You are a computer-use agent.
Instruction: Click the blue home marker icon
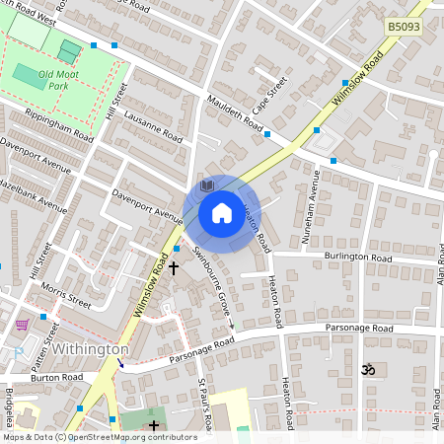pos(222,212)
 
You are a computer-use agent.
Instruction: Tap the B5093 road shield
pos(404,28)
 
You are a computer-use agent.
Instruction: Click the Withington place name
pos(91,349)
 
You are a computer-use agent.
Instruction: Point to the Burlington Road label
pos(357,257)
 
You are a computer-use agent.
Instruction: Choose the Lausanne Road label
pos(153,125)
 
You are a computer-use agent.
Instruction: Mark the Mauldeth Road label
pos(235,114)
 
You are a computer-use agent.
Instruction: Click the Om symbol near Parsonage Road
pos(369,369)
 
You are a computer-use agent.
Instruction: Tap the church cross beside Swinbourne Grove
pos(174,267)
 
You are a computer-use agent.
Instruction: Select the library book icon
pos(207,185)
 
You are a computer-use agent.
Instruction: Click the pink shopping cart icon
pos(22,324)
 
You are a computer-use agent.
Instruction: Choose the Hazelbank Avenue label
pos(32,197)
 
